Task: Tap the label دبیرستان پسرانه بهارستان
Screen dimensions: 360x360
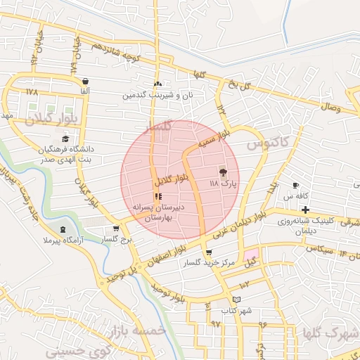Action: [157, 213]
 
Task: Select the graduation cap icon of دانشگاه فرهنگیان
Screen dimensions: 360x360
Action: [65, 139]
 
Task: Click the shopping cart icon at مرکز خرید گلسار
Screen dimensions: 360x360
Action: [208, 253]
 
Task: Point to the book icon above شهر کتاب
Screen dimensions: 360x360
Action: [237, 300]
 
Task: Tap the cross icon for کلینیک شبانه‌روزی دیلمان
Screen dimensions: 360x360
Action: [305, 210]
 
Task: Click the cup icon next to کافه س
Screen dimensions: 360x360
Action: [296, 186]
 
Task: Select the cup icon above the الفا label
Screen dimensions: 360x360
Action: [85, 81]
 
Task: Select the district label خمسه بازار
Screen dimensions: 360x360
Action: [138, 330]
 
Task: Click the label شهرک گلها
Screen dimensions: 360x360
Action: [328, 332]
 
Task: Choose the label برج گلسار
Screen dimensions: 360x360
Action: [115, 240]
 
